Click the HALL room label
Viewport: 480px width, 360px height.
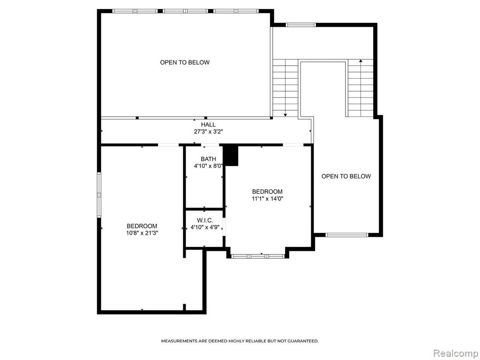click(x=208, y=125)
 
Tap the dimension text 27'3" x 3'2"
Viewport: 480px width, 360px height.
click(x=208, y=132)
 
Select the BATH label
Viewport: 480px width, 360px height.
click(x=208, y=159)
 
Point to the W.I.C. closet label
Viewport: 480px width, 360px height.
click(x=205, y=220)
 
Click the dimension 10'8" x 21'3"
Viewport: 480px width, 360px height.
click(x=142, y=233)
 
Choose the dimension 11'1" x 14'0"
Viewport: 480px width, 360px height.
click(x=267, y=199)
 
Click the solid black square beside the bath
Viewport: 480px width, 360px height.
click(x=231, y=155)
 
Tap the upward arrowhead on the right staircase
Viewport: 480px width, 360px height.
click(x=360, y=61)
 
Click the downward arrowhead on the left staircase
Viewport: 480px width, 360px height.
click(x=285, y=115)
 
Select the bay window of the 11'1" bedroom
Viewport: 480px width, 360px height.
click(x=258, y=256)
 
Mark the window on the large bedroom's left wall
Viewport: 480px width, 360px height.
click(x=99, y=195)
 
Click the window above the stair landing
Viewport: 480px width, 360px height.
click(x=300, y=25)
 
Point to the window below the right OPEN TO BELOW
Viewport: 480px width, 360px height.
click(x=346, y=235)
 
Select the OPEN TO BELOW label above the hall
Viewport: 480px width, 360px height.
click(x=185, y=62)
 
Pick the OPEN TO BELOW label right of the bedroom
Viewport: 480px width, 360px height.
click(x=346, y=176)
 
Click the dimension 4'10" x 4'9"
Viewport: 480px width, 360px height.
click(x=205, y=227)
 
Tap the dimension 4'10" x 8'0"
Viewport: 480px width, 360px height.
click(x=208, y=166)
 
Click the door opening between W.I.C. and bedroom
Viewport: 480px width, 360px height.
click(x=224, y=227)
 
